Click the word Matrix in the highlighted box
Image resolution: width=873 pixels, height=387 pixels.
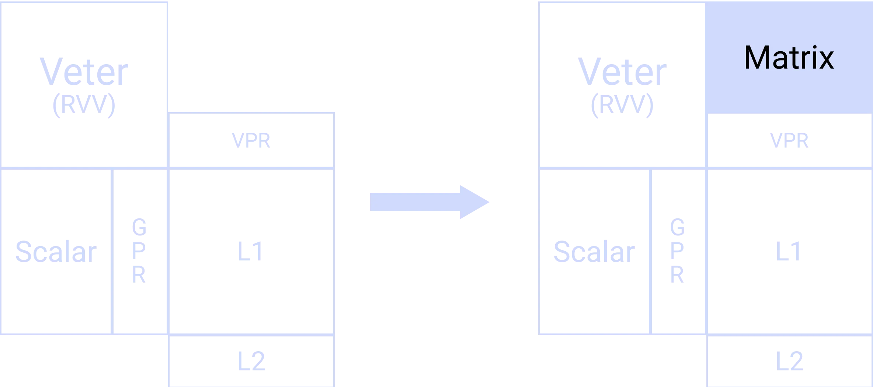pos(789,58)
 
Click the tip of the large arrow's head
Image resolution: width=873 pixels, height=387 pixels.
pos(488,202)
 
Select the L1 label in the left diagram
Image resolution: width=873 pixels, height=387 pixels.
pos(251,251)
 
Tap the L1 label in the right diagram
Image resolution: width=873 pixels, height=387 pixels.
pos(787,251)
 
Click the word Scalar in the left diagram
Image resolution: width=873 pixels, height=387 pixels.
pos(56,251)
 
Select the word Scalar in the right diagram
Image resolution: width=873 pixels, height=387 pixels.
pos(594,251)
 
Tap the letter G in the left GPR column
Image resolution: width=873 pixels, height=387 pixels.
pos(139,226)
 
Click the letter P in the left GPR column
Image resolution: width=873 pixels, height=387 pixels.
pos(139,251)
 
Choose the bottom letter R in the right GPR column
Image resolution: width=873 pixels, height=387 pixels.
pos(677,275)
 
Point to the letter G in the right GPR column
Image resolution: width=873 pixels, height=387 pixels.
pos(677,226)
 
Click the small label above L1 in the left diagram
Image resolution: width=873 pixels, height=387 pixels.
pos(251,141)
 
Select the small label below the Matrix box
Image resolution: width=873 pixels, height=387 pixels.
pos(790,141)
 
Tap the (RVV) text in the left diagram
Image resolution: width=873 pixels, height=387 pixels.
pos(84,106)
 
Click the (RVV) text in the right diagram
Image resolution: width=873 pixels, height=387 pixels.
pos(622,106)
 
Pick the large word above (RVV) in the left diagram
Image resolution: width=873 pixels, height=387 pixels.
pos(84,72)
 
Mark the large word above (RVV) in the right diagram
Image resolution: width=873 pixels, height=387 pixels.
pos(621,72)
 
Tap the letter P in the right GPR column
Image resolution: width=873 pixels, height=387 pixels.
pos(677,251)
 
